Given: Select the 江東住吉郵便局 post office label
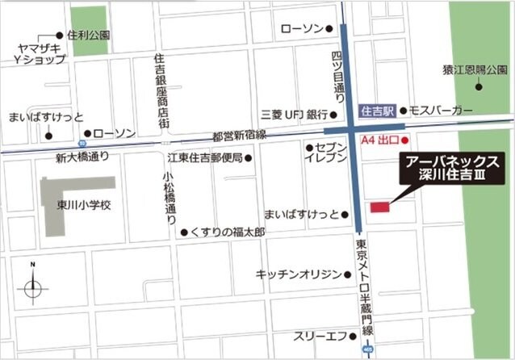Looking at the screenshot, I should tap(205, 157).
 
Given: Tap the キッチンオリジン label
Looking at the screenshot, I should tap(299, 274).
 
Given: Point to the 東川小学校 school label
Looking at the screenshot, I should tap(89, 205).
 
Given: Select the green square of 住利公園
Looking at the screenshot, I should tap(89, 31).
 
